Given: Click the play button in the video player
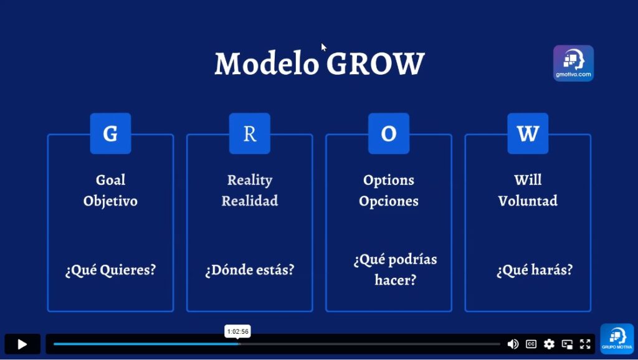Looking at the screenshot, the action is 22,344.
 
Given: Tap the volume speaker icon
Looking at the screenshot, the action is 513,344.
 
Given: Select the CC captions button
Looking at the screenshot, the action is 531,344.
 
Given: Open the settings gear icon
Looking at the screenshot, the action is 549,344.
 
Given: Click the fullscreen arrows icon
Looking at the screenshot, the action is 585,344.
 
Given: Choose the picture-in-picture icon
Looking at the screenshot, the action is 567,344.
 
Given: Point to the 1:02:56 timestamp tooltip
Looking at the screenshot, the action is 237,331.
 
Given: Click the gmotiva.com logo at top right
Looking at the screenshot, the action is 573,63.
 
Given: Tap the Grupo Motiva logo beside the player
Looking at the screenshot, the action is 617,339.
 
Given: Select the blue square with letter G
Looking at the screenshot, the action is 111,133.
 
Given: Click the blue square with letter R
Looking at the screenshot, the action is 249,133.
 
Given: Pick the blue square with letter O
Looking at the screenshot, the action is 389,133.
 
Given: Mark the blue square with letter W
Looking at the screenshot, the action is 528,133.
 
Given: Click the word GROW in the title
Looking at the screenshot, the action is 376,64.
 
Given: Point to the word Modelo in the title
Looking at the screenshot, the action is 267,64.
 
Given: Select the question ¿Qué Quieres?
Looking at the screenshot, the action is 111,270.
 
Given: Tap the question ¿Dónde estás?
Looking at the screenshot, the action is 249,270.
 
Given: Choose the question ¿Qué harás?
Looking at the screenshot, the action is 534,270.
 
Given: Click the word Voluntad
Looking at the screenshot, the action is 528,201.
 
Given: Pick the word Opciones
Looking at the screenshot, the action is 389,201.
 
